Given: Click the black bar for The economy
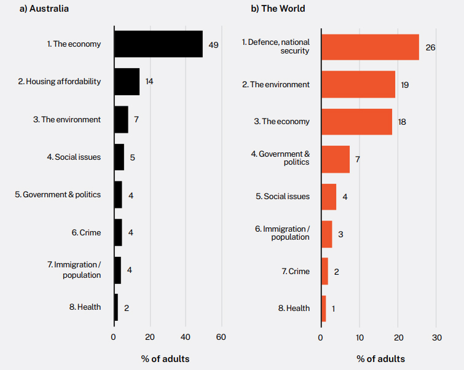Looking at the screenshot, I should pyautogui.click(x=159, y=44).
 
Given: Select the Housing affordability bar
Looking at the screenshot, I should pyautogui.click(x=127, y=82).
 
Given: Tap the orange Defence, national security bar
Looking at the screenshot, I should pyautogui.click(x=370, y=47).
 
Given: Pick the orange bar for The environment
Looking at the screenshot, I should pyautogui.click(x=358, y=84).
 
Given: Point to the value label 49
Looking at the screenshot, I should pyautogui.click(x=213, y=45).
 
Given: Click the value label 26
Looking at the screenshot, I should pyautogui.click(x=430, y=47).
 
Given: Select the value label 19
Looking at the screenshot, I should pyautogui.click(x=404, y=85).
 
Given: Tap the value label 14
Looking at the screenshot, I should pyautogui.click(x=149, y=82).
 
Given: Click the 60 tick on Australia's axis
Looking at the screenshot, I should pyautogui.click(x=221, y=337).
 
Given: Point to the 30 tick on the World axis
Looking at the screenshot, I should pyautogui.click(x=437, y=337).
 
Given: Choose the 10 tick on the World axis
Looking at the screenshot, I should pyautogui.click(x=360, y=337).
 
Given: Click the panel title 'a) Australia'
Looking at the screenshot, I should pyautogui.click(x=44, y=9).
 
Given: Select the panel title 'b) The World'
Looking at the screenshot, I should pyautogui.click(x=278, y=9).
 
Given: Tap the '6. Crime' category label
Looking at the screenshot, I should pyautogui.click(x=86, y=233).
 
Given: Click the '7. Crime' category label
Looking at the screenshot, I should pyautogui.click(x=296, y=271).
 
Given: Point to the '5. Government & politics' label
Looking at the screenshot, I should pyautogui.click(x=58, y=195).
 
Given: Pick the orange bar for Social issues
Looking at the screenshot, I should pyautogui.click(x=329, y=197).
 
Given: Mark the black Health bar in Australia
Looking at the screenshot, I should pyautogui.click(x=116, y=307).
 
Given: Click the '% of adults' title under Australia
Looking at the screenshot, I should pyautogui.click(x=165, y=358).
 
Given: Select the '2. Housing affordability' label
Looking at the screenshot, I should pyautogui.click(x=59, y=82).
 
